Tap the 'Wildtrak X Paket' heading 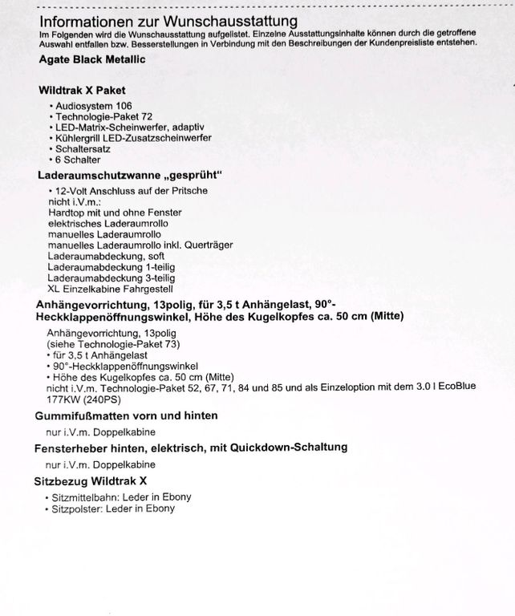(82, 91)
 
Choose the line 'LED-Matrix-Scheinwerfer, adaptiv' (128, 128)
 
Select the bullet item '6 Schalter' (78, 160)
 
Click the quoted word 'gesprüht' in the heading (190, 174)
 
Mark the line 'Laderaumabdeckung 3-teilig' (109, 277)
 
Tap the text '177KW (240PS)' (85, 397)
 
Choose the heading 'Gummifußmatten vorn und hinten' (127, 415)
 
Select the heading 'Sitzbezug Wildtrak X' (92, 481)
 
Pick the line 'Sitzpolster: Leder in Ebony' (114, 509)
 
